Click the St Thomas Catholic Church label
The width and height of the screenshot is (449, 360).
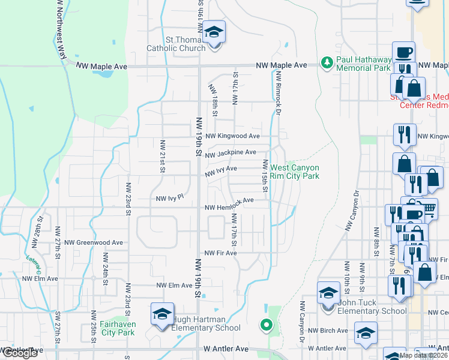coord(176,44)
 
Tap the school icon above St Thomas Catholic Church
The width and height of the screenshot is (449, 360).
coord(213,32)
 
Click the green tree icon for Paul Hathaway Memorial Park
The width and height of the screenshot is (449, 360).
coord(327,62)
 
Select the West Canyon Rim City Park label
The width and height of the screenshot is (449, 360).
coord(295,172)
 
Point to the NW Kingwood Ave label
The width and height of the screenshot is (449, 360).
coord(232,137)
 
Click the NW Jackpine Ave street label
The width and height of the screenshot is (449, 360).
coord(231,154)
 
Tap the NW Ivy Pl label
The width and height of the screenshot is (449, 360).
coord(169,197)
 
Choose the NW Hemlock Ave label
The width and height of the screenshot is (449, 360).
coord(229,203)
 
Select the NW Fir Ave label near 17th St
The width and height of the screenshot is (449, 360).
coord(221,253)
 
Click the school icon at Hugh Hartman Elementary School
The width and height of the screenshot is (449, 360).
coord(162,316)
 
